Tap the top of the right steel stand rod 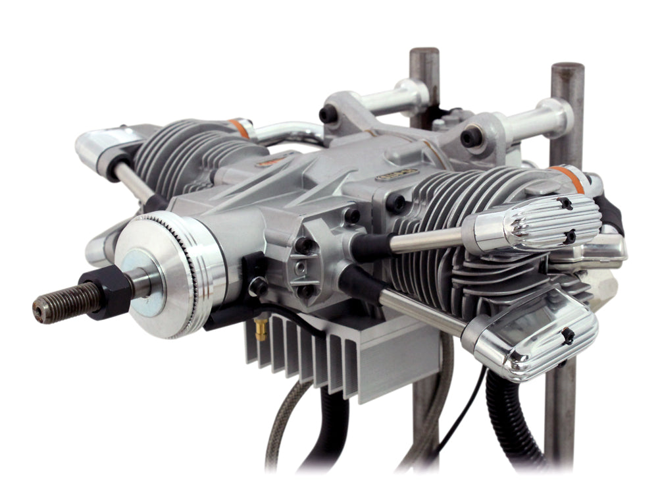click(567, 70)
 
